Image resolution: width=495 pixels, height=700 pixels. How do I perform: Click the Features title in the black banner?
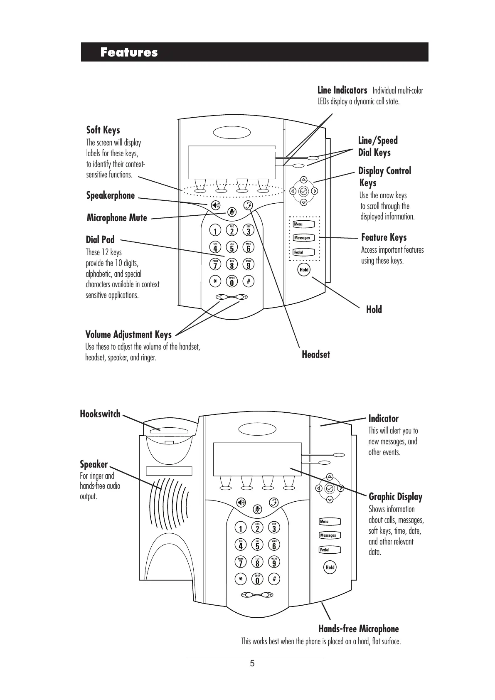click(x=129, y=52)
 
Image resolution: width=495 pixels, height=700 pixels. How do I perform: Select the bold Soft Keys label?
click(x=103, y=130)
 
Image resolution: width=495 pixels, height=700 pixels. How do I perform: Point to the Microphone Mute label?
click(x=117, y=218)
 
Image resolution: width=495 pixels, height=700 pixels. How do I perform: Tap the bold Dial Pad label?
click(x=100, y=239)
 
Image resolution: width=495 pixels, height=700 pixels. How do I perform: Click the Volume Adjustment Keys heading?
click(x=128, y=335)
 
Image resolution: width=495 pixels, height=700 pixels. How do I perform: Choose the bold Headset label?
click(x=316, y=355)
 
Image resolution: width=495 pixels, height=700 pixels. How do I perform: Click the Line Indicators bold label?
click(x=342, y=90)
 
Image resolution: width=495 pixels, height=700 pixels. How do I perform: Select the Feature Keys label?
click(x=384, y=237)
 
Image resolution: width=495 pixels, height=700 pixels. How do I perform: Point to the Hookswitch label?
click(x=100, y=414)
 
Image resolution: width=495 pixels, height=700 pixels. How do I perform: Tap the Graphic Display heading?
click(x=395, y=497)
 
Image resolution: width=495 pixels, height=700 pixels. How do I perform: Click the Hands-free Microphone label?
click(x=358, y=629)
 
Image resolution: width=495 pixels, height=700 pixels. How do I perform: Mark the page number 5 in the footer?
click(x=252, y=663)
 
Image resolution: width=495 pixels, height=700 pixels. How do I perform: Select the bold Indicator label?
click(x=383, y=419)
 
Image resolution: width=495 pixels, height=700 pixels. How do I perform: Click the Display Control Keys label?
click(x=384, y=177)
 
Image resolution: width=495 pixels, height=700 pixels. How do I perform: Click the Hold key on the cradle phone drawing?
click(x=330, y=567)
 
